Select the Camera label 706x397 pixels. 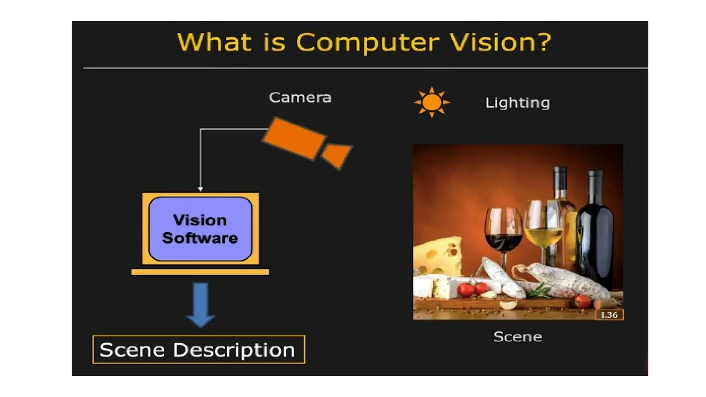(300, 98)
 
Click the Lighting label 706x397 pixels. (517, 103)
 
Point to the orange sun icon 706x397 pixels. (432, 102)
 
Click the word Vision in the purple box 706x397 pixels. (200, 220)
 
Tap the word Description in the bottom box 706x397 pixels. (234, 350)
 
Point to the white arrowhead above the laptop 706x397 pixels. (200, 189)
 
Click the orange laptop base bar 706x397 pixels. (200, 272)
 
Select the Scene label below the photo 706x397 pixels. (517, 337)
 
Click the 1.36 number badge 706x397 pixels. (609, 315)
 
